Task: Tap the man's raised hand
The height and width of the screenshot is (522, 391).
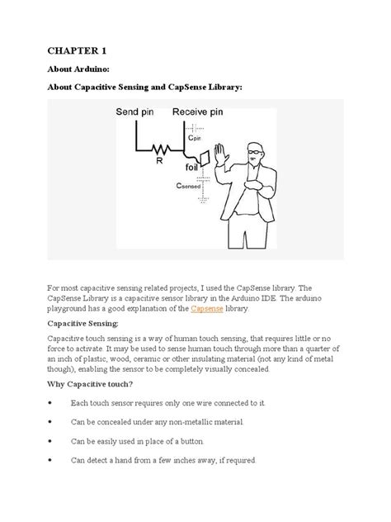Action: [x=219, y=156]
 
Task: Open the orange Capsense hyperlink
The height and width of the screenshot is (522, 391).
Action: [x=206, y=308]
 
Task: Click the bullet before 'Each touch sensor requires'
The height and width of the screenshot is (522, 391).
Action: [x=51, y=402]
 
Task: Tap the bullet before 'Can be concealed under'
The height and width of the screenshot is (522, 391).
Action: [x=51, y=422]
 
